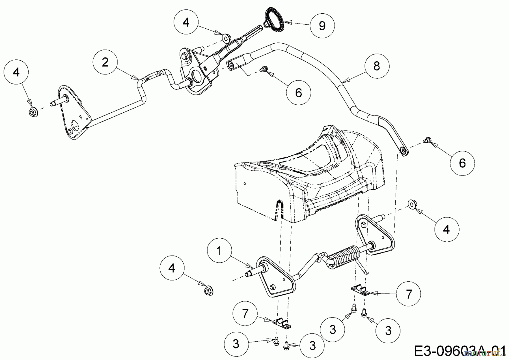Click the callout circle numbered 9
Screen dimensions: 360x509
(x=322, y=25)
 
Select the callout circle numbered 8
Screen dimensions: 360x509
(x=377, y=66)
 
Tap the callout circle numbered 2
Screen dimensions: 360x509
(x=105, y=62)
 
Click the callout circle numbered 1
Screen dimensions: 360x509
(x=219, y=250)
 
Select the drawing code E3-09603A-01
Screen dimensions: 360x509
(x=460, y=351)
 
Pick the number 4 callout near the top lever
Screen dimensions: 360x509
(x=186, y=22)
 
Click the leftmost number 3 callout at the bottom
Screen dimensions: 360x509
(x=236, y=344)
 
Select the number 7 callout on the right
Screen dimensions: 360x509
(x=409, y=294)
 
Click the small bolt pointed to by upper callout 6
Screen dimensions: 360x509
(x=264, y=68)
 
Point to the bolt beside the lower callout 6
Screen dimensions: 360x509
(x=427, y=140)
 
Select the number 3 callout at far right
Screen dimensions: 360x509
(x=388, y=330)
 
